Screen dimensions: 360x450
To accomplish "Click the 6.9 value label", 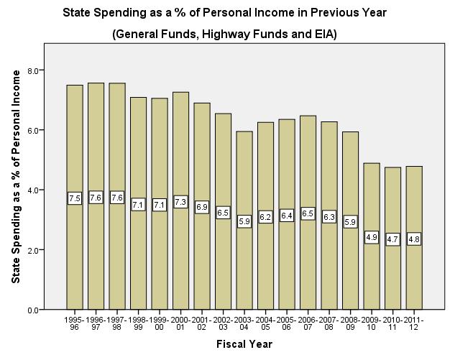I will (x=202, y=206).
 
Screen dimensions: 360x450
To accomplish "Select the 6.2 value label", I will (x=265, y=216).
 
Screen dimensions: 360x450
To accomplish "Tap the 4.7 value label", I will (x=392, y=239).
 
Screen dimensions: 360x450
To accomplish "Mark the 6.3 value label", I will (x=329, y=216).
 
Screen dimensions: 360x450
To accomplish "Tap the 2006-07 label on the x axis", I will (x=308, y=323).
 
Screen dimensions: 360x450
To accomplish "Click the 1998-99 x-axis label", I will (x=139, y=323).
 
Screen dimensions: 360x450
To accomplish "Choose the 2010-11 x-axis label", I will (x=392, y=323).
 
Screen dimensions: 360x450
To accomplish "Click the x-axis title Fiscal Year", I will (x=244, y=344).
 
